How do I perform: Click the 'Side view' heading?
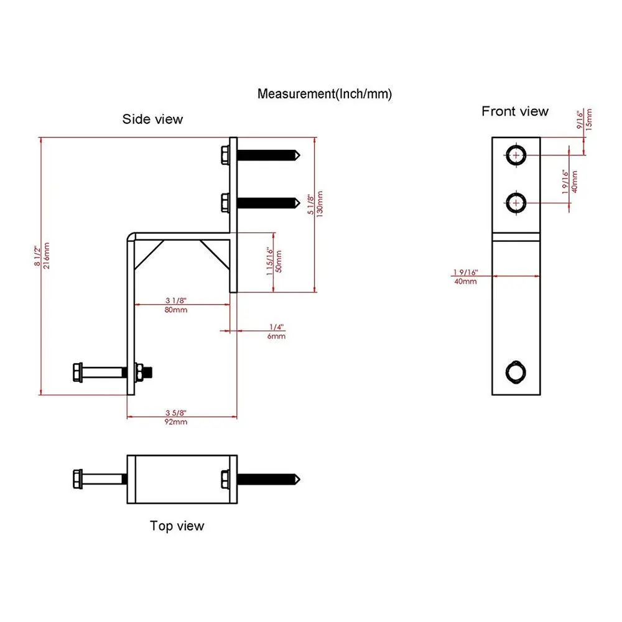coord(152,119)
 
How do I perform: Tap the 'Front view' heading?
coord(515,111)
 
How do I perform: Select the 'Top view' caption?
coord(177,526)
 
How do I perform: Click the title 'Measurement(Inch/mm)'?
coord(325,94)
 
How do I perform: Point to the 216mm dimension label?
coord(47,256)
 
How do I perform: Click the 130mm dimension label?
coord(320,204)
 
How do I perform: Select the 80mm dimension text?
coord(176,310)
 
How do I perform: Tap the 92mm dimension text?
coord(176,422)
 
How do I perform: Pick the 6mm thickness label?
coord(276,337)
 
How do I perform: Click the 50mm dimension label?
coord(279,261)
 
